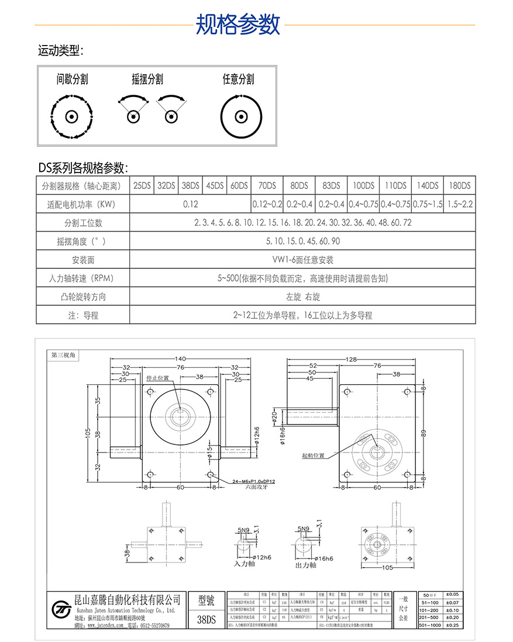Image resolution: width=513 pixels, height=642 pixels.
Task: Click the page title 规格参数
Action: (x=237, y=25)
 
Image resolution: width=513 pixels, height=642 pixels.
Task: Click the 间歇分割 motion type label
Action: (x=72, y=79)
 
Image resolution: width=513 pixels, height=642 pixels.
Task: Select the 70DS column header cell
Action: (x=267, y=186)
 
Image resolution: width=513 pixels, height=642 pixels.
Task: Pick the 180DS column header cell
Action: (x=459, y=186)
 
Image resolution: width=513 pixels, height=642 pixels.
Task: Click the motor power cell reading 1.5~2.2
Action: (x=459, y=204)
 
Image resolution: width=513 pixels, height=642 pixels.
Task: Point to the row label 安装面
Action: (x=82, y=260)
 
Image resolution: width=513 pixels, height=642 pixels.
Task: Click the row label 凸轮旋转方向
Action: (x=82, y=296)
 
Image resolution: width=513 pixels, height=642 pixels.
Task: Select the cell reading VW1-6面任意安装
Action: (x=302, y=260)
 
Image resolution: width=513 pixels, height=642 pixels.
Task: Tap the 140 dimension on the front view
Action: (x=180, y=359)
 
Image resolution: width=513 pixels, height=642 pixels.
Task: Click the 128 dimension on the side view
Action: (x=351, y=359)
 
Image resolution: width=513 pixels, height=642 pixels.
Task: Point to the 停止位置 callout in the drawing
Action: (x=157, y=378)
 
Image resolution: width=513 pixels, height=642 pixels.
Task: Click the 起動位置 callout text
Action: (x=313, y=455)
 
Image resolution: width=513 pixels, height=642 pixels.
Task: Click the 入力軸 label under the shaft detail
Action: (x=245, y=564)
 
